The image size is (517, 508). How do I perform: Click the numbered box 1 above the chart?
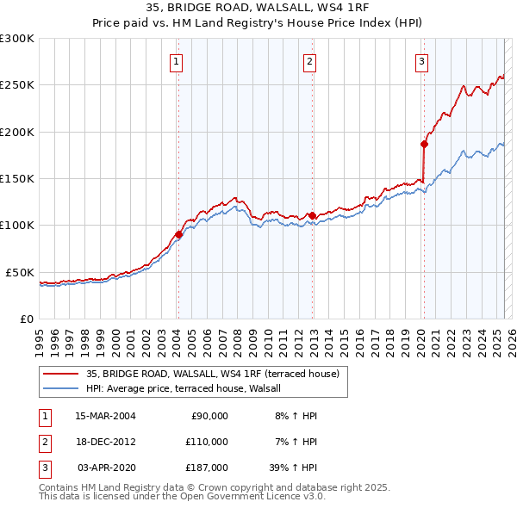pos(176,61)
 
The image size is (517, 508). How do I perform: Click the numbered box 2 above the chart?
pos(309,61)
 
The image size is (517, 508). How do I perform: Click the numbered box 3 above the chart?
pos(421,61)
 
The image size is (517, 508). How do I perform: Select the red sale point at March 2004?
pos(178,233)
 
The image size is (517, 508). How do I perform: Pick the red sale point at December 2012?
pos(312,215)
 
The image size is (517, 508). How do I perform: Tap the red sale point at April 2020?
pos(424,144)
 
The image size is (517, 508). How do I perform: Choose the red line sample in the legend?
pos(60,374)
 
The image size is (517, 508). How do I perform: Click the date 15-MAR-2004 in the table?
pos(105,416)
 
